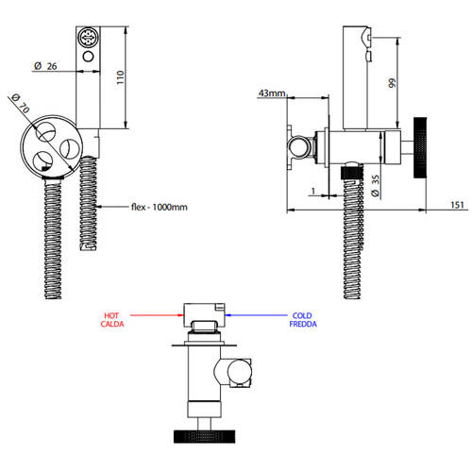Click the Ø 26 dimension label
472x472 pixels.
point(45,66)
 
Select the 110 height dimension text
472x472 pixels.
point(120,77)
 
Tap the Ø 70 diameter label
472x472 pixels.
point(21,103)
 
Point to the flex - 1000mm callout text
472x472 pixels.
point(160,207)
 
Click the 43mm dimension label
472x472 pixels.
point(272,93)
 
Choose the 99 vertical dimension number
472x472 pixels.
point(392,83)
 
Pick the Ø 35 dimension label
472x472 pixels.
point(375,186)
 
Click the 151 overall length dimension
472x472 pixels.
point(457,205)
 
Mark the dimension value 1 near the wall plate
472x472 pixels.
point(313,191)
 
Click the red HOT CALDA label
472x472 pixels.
point(112,320)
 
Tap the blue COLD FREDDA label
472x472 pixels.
point(303,320)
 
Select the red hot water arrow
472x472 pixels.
point(157,315)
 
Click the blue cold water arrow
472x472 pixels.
point(257,315)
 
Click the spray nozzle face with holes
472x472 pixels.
point(89,38)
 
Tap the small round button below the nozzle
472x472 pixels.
point(88,57)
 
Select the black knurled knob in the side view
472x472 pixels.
point(420,147)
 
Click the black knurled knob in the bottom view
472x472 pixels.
point(204,436)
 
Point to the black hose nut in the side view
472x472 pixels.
point(352,173)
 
